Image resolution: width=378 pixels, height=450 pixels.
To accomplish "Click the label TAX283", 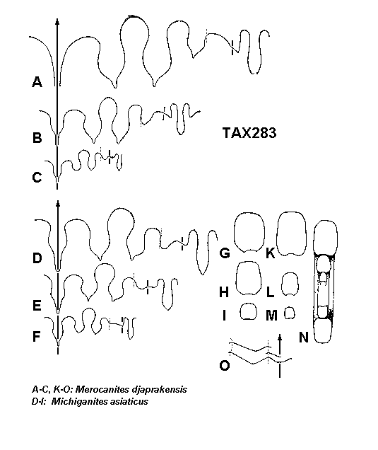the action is [249, 133].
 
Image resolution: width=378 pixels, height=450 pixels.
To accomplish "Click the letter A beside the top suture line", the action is [37, 82].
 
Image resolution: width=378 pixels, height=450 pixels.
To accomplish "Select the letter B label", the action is [37, 138].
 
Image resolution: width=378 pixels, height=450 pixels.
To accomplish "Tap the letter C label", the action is [37, 178].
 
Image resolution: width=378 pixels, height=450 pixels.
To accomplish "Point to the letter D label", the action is [37, 258].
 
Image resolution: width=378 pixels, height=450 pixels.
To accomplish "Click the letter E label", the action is [37, 306].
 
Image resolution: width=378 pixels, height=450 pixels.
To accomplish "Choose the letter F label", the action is [36, 336].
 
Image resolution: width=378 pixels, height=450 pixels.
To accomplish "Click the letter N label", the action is [304, 337].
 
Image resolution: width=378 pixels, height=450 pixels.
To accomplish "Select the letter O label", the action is [225, 366].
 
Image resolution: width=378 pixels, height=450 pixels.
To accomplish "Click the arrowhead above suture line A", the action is [57, 22].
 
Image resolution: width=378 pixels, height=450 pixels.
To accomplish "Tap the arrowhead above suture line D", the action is [58, 204].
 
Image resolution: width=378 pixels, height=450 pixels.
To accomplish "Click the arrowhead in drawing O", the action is [280, 337].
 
